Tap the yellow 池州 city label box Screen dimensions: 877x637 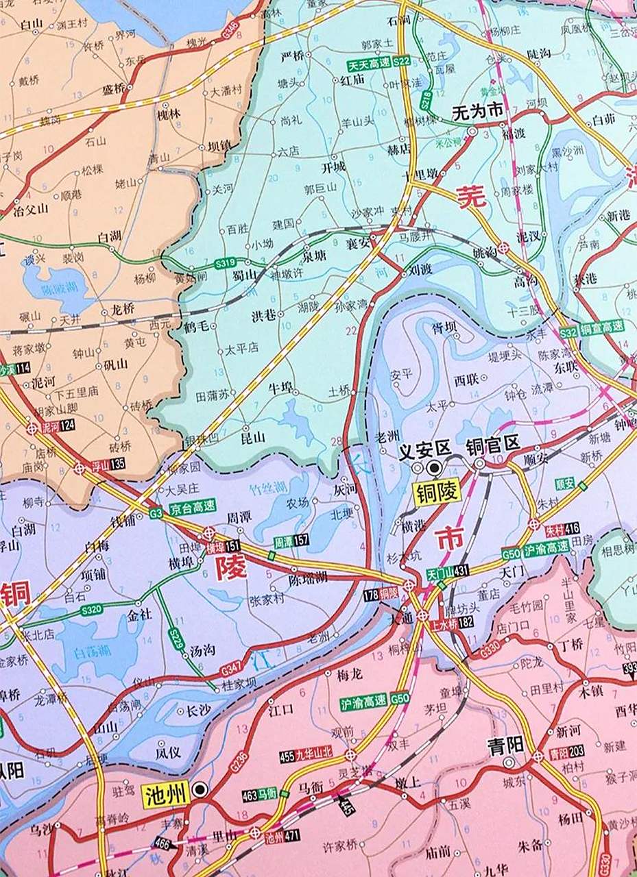[x=166, y=795]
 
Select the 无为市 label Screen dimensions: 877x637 [x=478, y=113]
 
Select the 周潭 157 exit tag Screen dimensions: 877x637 [x=291, y=541]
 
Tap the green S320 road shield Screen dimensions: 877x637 [x=91, y=608]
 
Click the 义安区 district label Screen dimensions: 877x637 [x=424, y=448]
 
